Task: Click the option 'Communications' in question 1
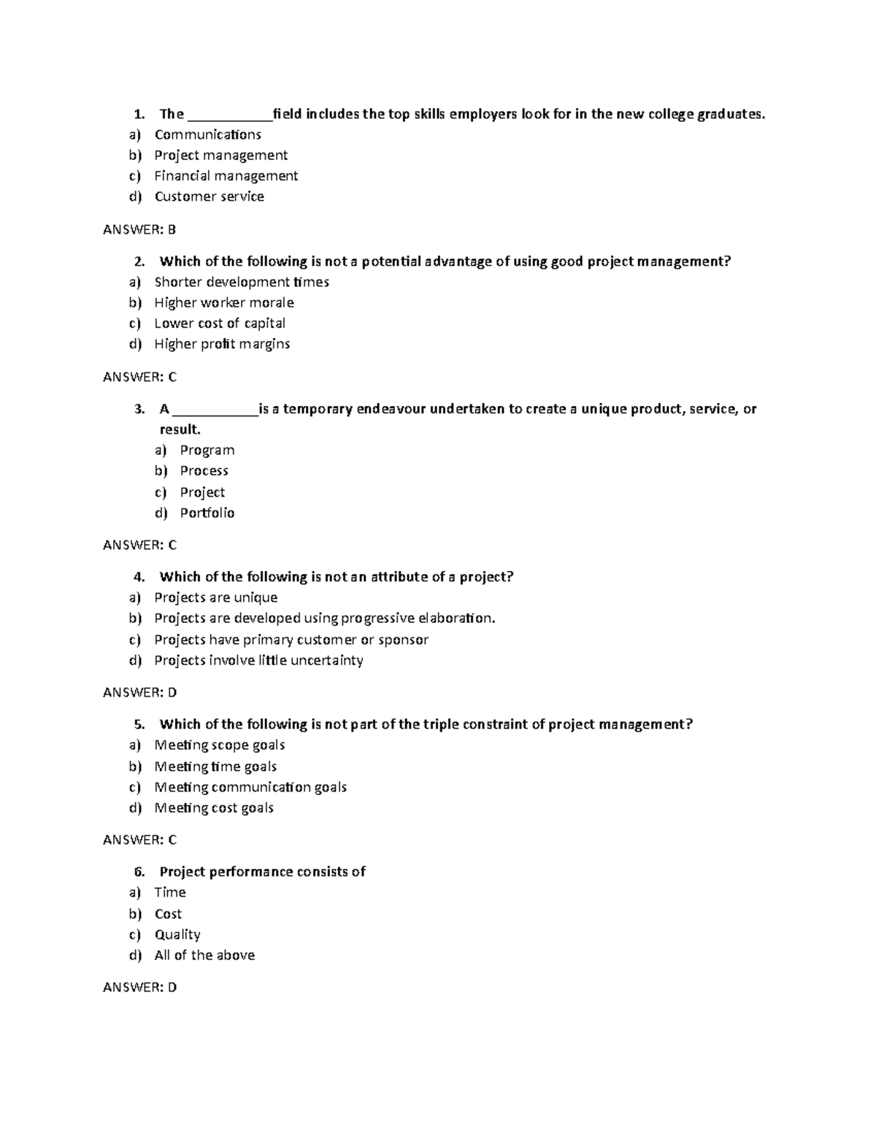coord(207,134)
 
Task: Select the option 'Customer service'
coord(209,196)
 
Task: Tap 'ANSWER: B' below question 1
coord(139,229)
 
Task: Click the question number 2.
coord(139,261)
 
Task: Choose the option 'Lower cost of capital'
coord(220,323)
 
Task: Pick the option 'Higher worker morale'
coord(224,302)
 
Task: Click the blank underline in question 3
coord(215,411)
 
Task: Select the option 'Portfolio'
coord(207,513)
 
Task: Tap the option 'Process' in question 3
coord(204,471)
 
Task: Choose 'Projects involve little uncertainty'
coord(258,660)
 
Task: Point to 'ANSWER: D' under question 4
coord(139,692)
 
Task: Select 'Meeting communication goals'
coord(250,787)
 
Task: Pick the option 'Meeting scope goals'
coord(219,745)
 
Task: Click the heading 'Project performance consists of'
coord(262,871)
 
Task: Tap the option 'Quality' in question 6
coord(177,935)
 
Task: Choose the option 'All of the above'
coord(204,955)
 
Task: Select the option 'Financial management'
coord(226,176)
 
